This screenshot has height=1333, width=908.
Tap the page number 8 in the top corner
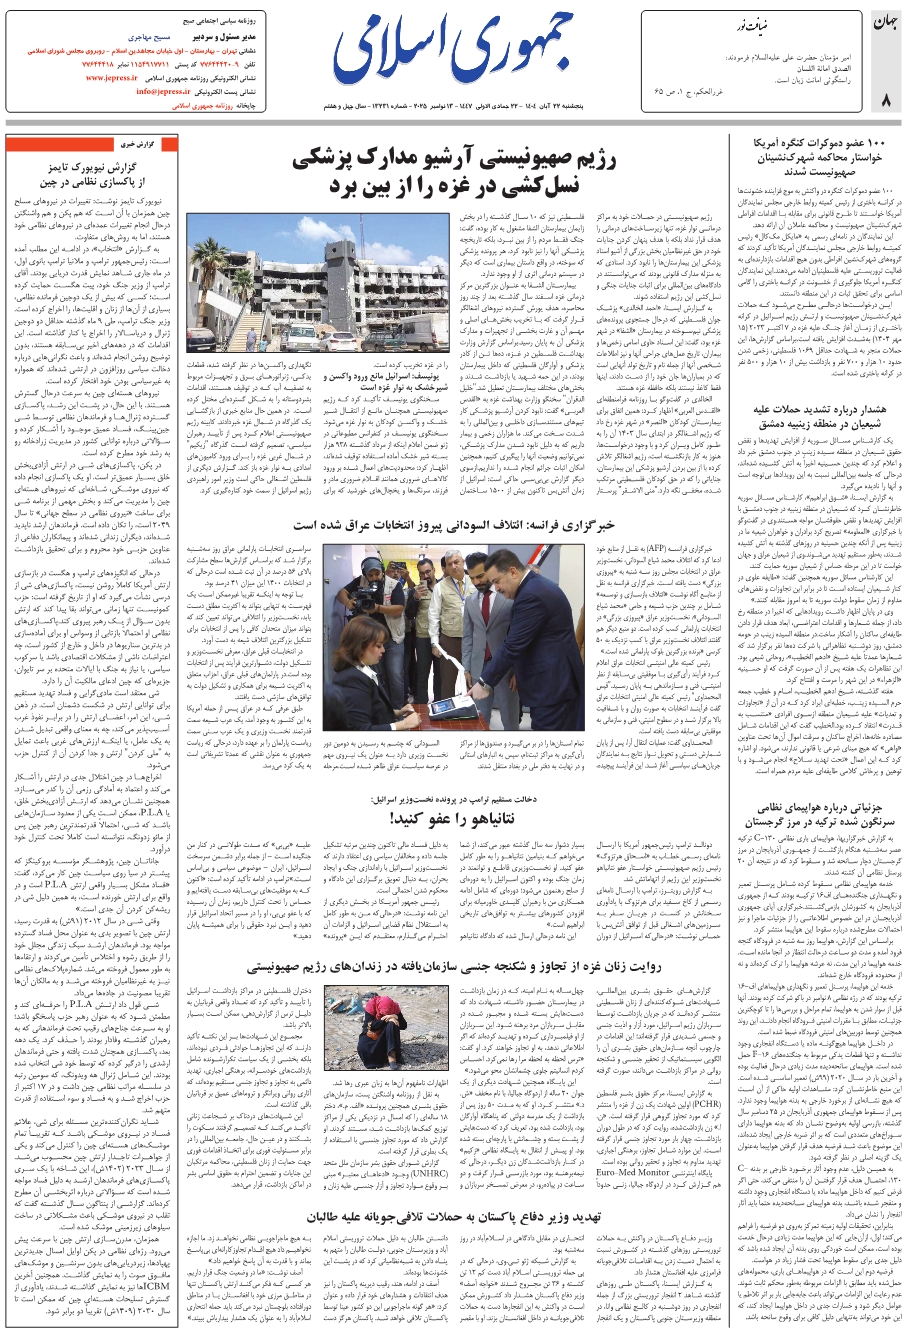(x=885, y=100)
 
